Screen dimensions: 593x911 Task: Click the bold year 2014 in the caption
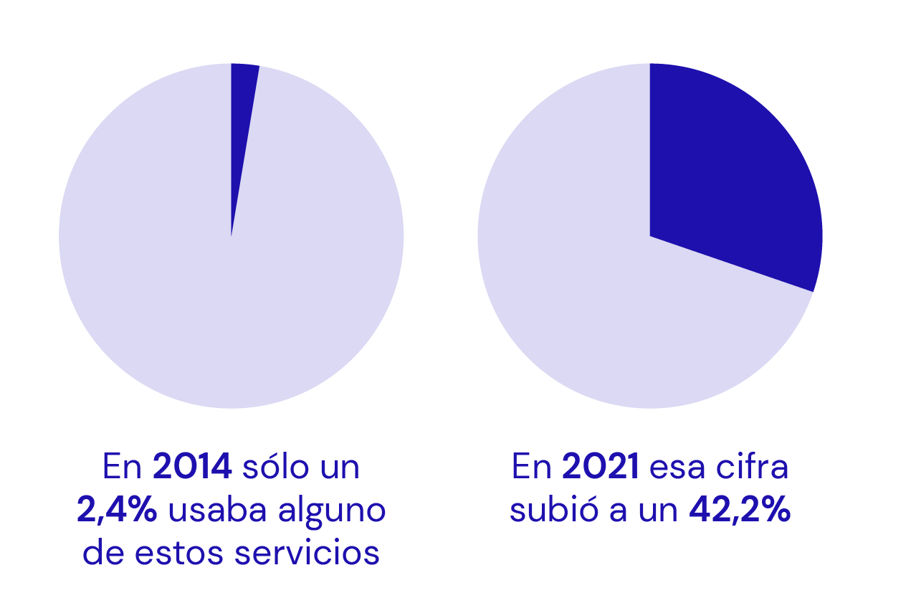[192, 468]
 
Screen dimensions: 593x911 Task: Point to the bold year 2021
[601, 468]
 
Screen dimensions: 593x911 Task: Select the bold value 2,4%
[117, 511]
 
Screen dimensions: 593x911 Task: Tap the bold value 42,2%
[740, 511]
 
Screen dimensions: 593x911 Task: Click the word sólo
[274, 468]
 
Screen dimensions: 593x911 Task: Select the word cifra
[755, 468]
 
